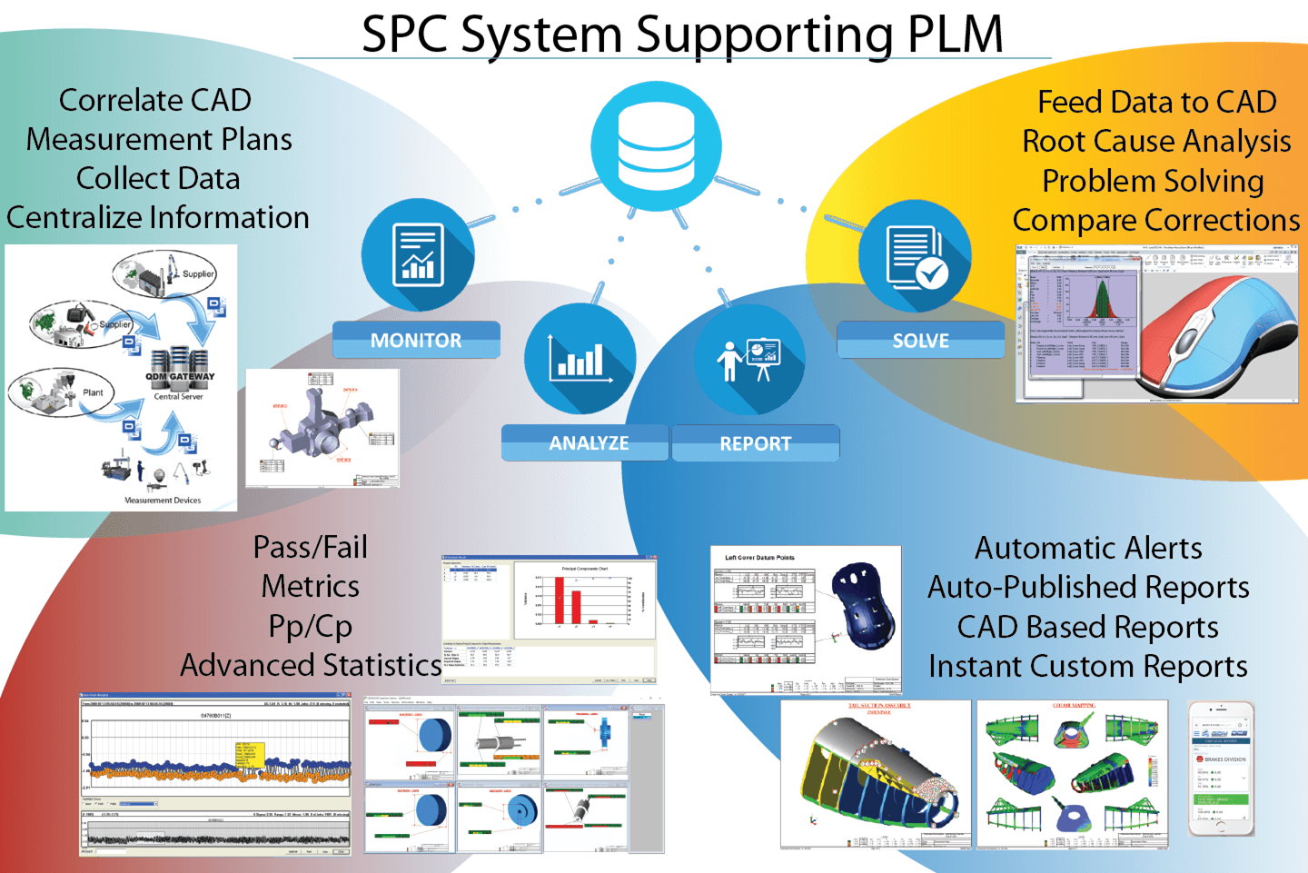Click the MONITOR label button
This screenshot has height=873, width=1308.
[x=416, y=341]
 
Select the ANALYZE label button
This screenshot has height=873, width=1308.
[x=588, y=443]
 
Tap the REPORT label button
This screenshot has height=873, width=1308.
[x=755, y=443]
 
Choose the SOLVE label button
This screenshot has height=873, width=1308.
[x=920, y=341]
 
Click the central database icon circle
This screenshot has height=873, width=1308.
[x=656, y=146]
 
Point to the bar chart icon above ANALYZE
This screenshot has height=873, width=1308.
[x=580, y=359]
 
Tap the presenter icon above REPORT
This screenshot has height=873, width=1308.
[x=749, y=360]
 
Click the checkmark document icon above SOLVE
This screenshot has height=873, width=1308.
[x=915, y=257]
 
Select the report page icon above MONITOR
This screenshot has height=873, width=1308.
[x=418, y=255]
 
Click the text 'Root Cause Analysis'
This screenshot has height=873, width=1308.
[x=1156, y=142]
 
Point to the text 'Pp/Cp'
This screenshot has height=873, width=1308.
[x=311, y=626]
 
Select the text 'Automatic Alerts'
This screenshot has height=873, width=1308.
[x=1088, y=548]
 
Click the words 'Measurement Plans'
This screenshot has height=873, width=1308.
[x=159, y=139]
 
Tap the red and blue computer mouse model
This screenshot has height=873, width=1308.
[x=1217, y=336]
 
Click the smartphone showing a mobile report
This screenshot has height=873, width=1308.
[x=1222, y=769]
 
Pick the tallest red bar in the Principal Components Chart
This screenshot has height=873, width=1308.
[x=559, y=600]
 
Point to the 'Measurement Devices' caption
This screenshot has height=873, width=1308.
[x=163, y=500]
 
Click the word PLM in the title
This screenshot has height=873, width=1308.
[x=956, y=35]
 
